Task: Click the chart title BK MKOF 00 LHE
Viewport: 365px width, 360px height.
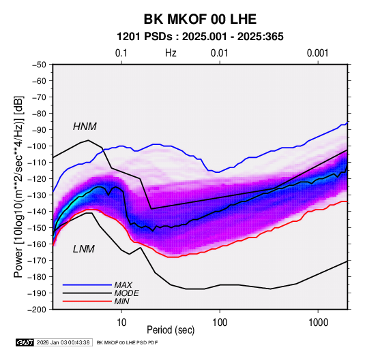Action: (x=200, y=19)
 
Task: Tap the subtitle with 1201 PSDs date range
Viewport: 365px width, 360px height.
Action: (x=200, y=37)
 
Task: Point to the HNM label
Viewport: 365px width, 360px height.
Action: (x=85, y=127)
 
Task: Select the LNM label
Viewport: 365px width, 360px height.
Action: (x=84, y=249)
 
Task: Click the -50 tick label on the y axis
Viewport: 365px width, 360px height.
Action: (x=39, y=65)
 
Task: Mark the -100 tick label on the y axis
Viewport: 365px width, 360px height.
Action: (x=37, y=146)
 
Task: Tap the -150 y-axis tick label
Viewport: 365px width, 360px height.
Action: (x=37, y=228)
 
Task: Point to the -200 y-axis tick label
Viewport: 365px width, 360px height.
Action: (x=37, y=310)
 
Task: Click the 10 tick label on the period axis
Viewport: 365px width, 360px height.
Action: (x=121, y=323)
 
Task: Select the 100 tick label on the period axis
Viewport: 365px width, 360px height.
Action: (x=220, y=323)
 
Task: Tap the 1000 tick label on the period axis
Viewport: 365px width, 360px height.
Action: (x=318, y=323)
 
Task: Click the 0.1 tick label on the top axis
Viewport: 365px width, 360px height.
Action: (x=121, y=53)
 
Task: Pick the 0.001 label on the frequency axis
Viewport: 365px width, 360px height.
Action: (x=318, y=53)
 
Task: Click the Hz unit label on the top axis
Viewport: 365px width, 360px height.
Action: (x=171, y=53)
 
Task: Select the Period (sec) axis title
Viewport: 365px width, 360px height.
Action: (x=171, y=330)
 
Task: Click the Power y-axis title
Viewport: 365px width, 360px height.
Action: (x=18, y=187)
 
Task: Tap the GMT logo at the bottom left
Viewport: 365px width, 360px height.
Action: (x=25, y=342)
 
